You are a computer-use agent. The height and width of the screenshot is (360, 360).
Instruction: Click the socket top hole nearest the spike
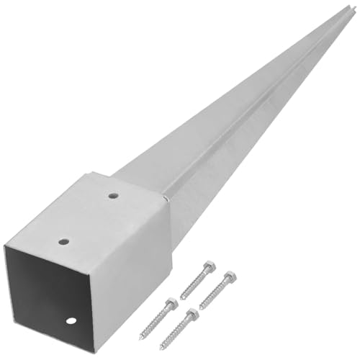pyautogui.click(x=114, y=194)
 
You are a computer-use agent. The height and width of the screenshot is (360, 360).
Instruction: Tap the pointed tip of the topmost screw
pyautogui.click(x=181, y=299)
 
